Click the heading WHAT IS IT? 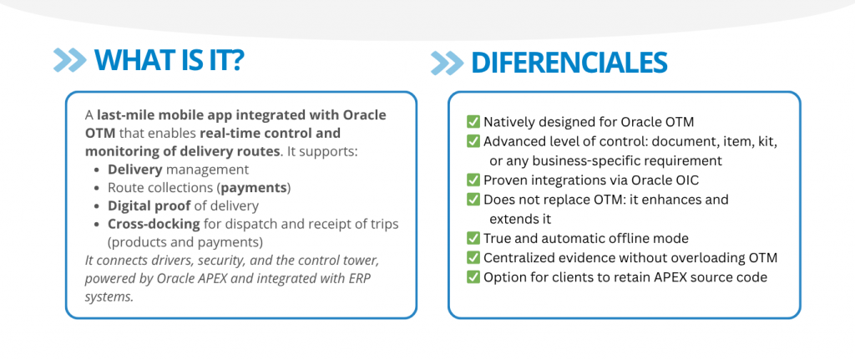click(x=169, y=60)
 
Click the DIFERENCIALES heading click(x=569, y=63)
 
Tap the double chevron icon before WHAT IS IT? click(x=70, y=60)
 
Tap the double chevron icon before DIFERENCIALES click(x=448, y=63)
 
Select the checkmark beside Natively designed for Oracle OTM click(x=473, y=121)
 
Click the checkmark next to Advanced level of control click(x=473, y=140)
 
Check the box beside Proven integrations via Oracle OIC click(x=473, y=180)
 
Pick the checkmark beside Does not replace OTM click(x=473, y=199)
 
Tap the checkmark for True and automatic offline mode click(x=473, y=238)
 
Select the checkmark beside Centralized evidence click(x=473, y=257)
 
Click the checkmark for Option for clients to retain click(x=473, y=277)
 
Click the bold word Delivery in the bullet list click(x=135, y=170)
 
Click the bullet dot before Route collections click(x=97, y=188)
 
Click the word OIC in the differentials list click(x=686, y=180)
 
